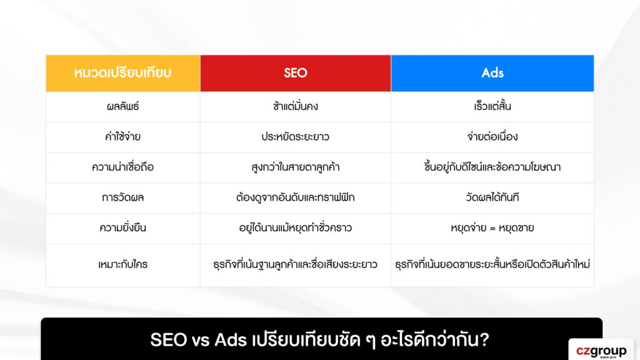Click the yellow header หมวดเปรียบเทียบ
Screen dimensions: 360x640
click(x=122, y=73)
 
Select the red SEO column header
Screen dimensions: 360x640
click(x=295, y=73)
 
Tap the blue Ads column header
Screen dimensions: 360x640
click(x=492, y=73)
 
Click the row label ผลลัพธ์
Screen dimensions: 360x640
click(x=122, y=106)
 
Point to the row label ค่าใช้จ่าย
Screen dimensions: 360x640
click(x=122, y=137)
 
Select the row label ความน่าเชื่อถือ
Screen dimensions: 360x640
click(x=122, y=167)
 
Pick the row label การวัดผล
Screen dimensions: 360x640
click(x=122, y=197)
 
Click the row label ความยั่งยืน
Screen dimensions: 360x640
click(x=122, y=228)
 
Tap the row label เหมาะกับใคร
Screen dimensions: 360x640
click(x=122, y=264)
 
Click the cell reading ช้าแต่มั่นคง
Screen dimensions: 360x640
click(x=295, y=106)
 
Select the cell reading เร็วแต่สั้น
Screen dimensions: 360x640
click(x=492, y=106)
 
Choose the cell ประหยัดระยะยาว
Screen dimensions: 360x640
click(x=295, y=137)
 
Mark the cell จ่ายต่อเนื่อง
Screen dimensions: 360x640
click(x=492, y=137)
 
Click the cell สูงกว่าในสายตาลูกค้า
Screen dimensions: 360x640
click(x=295, y=167)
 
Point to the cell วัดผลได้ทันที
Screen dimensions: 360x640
click(x=492, y=197)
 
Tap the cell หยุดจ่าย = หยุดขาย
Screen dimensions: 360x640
click(x=492, y=228)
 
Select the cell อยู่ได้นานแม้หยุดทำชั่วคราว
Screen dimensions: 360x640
click(x=295, y=228)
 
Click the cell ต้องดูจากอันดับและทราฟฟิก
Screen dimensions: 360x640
click(x=295, y=197)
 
